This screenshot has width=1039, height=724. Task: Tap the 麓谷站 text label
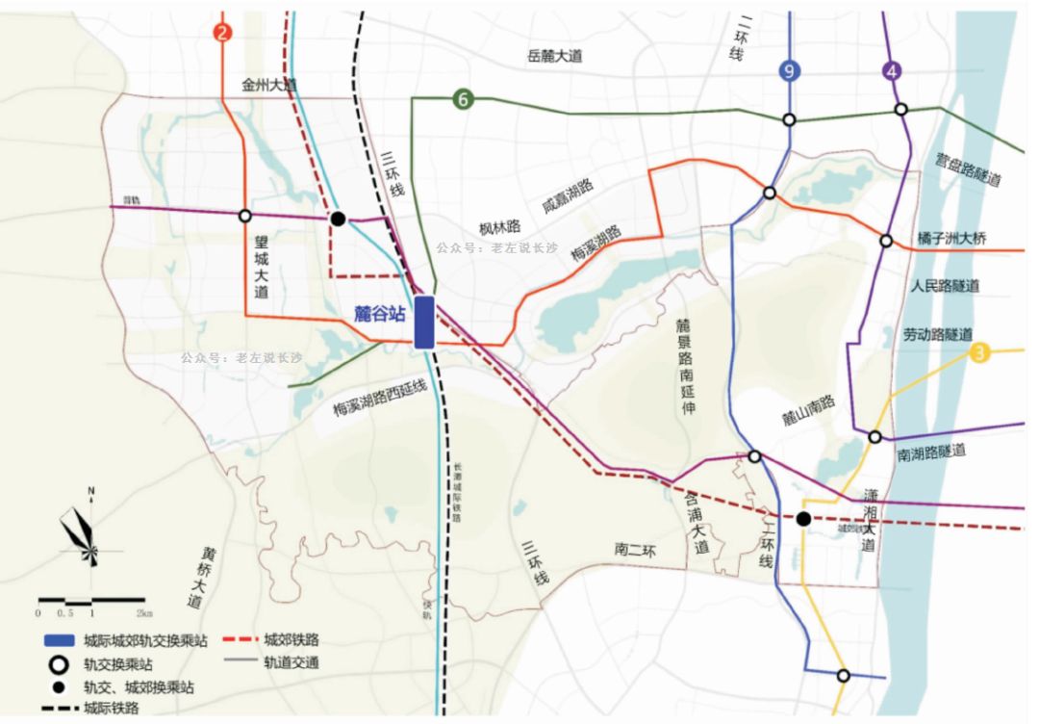tap(379, 312)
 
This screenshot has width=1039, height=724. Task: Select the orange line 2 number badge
tap(223, 33)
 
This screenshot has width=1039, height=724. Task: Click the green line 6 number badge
tap(463, 98)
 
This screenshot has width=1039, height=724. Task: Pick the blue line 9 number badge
tap(788, 71)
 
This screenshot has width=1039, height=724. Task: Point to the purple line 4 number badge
tap(894, 71)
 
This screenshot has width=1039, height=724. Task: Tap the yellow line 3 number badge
tap(979, 353)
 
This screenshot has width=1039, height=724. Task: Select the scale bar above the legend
tap(90, 601)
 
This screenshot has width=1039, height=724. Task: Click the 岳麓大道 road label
tap(555, 56)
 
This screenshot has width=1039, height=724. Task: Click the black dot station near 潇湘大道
tap(802, 519)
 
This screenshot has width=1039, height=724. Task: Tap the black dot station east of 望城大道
tap(338, 219)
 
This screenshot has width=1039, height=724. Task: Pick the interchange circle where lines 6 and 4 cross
tap(900, 110)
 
